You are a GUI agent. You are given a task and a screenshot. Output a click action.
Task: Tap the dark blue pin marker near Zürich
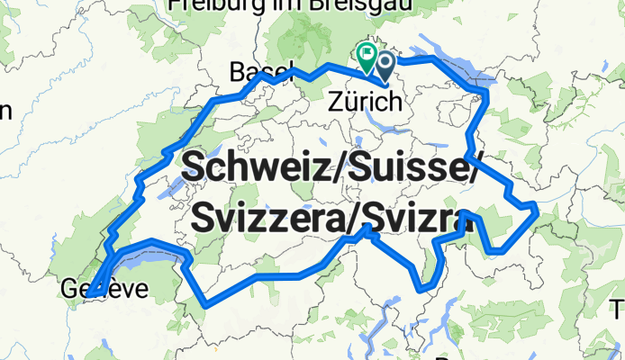click(x=385, y=64)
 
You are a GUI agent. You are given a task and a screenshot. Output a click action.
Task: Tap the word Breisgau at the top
click(x=360, y=4)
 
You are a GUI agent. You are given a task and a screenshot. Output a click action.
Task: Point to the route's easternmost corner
click(x=537, y=209)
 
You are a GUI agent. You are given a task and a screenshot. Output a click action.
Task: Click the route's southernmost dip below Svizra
click(x=425, y=290)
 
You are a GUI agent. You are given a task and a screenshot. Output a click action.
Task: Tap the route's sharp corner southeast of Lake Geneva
click(x=208, y=304)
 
